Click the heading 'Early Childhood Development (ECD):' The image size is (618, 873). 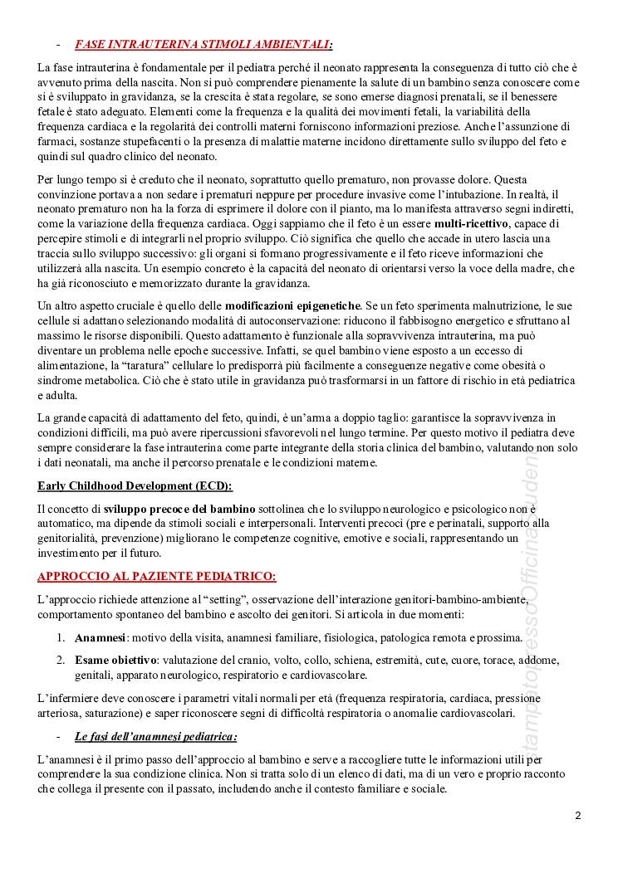tap(135, 485)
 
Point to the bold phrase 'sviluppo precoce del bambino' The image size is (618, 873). tap(174, 508)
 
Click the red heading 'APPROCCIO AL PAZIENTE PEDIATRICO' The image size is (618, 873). tap(157, 575)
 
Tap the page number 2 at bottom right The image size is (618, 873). tap(577, 816)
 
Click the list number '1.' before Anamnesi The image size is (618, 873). tap(62, 638)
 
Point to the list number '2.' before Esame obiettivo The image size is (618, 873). tap(62, 660)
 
